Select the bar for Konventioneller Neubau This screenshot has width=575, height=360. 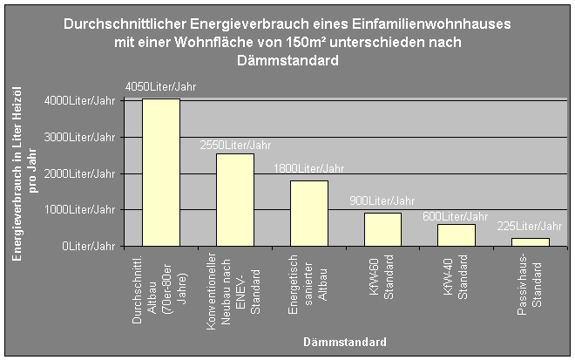pos(234,200)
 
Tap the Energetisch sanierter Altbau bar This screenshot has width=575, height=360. pos(308,214)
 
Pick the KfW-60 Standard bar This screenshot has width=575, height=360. pos(382,229)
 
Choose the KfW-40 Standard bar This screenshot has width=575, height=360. pos(457,235)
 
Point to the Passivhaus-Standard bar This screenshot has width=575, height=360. pos(531,241)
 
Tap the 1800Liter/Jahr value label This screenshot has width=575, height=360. pos(309,168)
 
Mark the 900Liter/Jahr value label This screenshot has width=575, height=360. pos(382,201)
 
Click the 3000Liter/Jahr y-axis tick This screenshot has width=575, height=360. pos(79,137)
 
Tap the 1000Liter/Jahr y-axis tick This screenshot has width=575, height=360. pos(79,210)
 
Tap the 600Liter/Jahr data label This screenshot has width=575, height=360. pos(456,215)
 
